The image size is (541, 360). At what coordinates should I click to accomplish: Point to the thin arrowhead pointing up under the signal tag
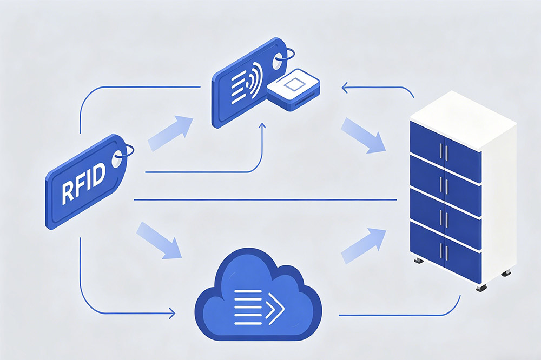(262, 126)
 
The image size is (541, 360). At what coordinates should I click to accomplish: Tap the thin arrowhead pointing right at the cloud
(172, 312)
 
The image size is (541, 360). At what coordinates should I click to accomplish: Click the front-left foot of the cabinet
(418, 261)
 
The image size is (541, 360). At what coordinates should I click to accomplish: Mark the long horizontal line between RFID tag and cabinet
(265, 199)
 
